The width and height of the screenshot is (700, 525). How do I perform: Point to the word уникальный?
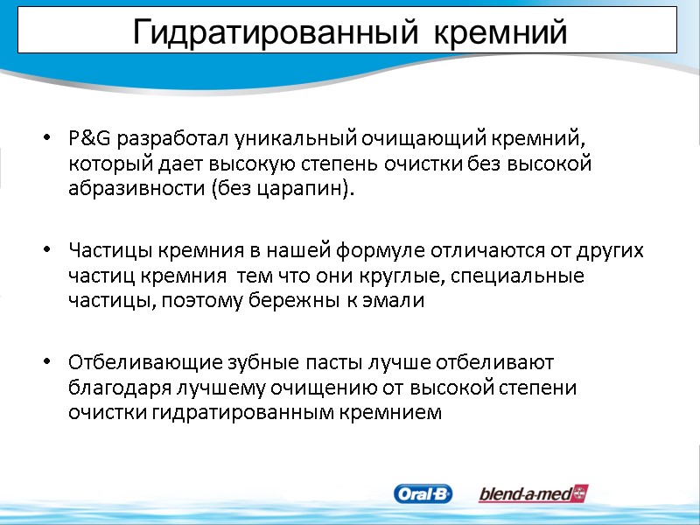point(276,139)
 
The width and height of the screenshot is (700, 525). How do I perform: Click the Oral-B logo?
point(423,494)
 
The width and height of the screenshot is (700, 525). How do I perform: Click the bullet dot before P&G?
point(45,139)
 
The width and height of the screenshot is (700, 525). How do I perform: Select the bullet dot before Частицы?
point(45,252)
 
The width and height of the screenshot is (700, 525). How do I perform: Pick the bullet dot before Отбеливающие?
point(45,362)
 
